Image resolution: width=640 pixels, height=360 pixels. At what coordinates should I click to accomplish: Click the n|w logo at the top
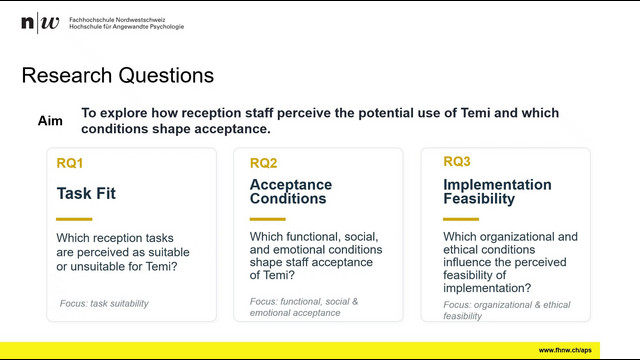coord(40,22)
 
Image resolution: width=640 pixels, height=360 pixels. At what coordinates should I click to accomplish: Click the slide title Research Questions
coord(118,76)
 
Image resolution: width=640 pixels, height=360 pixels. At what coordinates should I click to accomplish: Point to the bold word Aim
coord(50,121)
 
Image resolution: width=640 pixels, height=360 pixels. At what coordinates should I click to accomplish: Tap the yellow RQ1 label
coord(70,163)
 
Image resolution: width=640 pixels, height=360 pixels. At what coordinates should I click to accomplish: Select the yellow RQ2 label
coord(263,163)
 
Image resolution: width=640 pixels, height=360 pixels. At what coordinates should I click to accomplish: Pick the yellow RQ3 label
coord(457,162)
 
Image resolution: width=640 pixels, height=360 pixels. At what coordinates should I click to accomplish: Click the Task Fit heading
coord(86,193)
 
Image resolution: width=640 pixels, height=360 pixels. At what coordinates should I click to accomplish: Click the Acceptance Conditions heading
coord(291,191)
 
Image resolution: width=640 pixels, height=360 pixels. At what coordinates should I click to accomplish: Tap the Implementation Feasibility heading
coord(497,191)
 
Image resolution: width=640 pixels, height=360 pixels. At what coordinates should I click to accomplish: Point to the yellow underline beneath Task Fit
coord(74,219)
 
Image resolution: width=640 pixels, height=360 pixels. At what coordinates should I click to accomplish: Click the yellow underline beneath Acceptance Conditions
coord(268,219)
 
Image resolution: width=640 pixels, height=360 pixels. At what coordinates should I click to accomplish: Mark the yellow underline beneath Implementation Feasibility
coord(461,219)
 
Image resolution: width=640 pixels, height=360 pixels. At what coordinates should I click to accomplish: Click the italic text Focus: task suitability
coord(104,304)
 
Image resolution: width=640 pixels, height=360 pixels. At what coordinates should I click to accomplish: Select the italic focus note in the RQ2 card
coord(304,307)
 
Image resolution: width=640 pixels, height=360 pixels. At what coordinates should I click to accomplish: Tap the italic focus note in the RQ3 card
coord(507,310)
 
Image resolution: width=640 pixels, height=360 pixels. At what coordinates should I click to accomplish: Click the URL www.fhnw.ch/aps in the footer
coord(565,350)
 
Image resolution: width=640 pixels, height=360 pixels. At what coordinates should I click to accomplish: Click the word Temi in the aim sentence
coord(476,113)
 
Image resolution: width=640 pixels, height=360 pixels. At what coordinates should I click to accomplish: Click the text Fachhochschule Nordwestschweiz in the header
coord(117,20)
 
